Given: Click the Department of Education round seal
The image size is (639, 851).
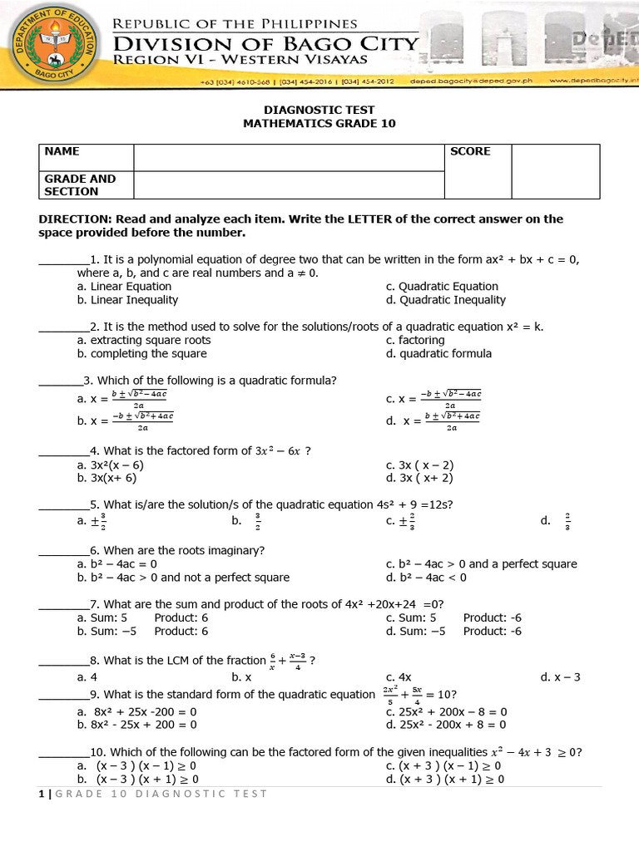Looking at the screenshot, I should (x=52, y=47).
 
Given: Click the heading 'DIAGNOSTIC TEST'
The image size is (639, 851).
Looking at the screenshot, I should (x=319, y=110).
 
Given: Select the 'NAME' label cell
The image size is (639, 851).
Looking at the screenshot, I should (x=62, y=151).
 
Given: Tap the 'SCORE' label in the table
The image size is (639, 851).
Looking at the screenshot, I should (x=470, y=151).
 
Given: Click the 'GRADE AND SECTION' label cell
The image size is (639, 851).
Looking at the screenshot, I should (x=80, y=184).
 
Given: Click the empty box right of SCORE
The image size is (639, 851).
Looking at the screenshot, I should (x=555, y=171).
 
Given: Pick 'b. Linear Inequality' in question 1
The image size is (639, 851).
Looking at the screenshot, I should (x=127, y=300).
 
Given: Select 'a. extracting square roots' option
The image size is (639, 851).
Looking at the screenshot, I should (x=143, y=340).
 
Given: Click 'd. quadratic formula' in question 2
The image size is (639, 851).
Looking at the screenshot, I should (x=438, y=353).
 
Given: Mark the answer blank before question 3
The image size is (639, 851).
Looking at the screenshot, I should (x=60, y=381).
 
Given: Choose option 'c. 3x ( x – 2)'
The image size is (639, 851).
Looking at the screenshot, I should (x=419, y=465).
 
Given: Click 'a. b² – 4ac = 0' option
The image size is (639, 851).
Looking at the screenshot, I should (x=117, y=563).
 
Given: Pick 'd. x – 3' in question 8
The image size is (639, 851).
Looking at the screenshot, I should (x=560, y=677).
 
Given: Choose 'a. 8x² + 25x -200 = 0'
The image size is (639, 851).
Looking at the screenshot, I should (x=136, y=711).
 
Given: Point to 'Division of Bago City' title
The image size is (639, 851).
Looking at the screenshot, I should (x=266, y=43).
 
